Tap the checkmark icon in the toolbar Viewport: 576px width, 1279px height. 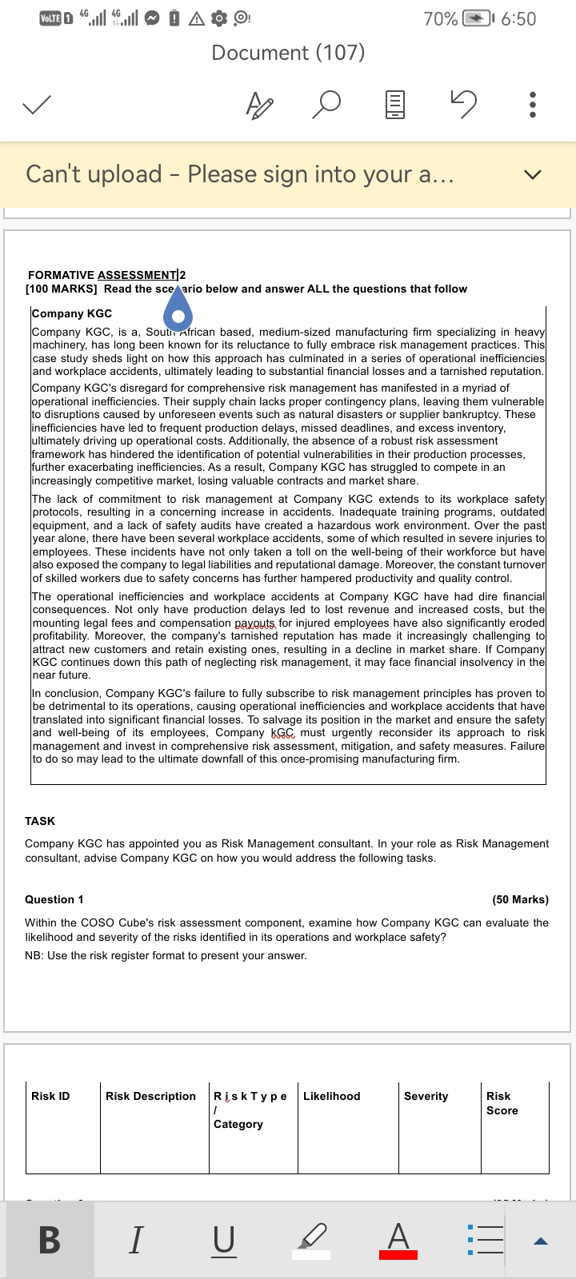tap(37, 105)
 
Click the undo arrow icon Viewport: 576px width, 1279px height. tap(464, 103)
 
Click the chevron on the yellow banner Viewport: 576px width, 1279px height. tap(532, 175)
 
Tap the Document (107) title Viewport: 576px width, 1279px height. tap(288, 53)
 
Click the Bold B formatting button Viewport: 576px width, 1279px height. tap(50, 1240)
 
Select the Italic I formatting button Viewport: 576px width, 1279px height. tap(136, 1240)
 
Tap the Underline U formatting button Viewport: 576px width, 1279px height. tap(224, 1240)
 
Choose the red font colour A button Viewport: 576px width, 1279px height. tap(398, 1240)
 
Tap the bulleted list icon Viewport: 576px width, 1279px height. tap(486, 1240)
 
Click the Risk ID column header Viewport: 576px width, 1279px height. tap(50, 1096)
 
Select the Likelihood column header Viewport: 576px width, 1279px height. tap(331, 1096)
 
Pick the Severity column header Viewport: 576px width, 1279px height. tap(426, 1096)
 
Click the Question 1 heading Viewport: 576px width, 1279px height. tap(54, 899)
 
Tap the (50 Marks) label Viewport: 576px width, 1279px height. tap(520, 899)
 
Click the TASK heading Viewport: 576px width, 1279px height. tap(40, 821)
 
